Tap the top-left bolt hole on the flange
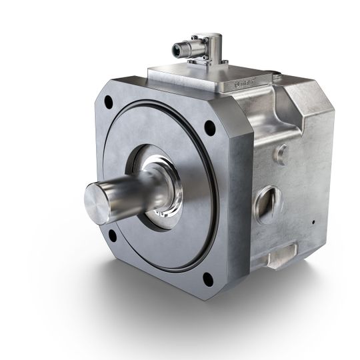click(x=108, y=101)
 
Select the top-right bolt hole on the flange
click(x=209, y=127)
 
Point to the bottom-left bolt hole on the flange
click(x=112, y=235)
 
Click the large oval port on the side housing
click(x=269, y=204)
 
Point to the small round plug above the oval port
click(x=281, y=155)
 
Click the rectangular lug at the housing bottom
click(x=281, y=254)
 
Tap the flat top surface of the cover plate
click(x=193, y=74)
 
